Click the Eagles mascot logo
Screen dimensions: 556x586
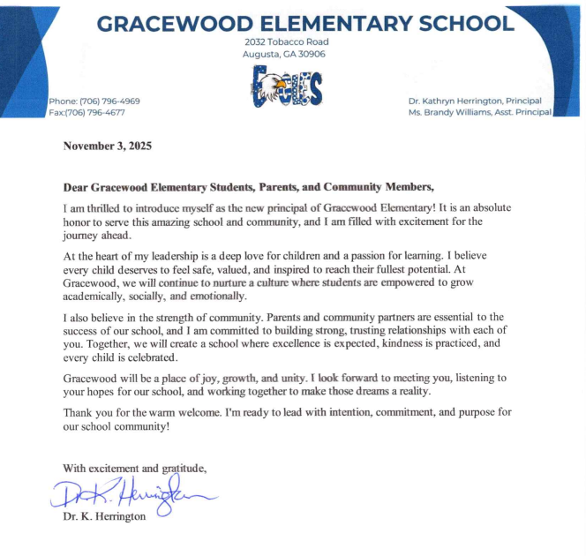pyautogui.click(x=286, y=88)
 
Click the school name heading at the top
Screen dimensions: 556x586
pyautogui.click(x=304, y=23)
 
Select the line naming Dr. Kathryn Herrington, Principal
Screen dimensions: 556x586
pyautogui.click(x=477, y=101)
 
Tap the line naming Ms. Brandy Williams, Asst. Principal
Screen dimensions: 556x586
pyautogui.click(x=476, y=112)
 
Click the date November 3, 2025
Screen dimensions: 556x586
pyautogui.click(x=107, y=147)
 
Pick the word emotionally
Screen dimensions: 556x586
pyautogui.click(x=215, y=297)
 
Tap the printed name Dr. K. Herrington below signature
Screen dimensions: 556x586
pyautogui.click(x=104, y=516)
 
